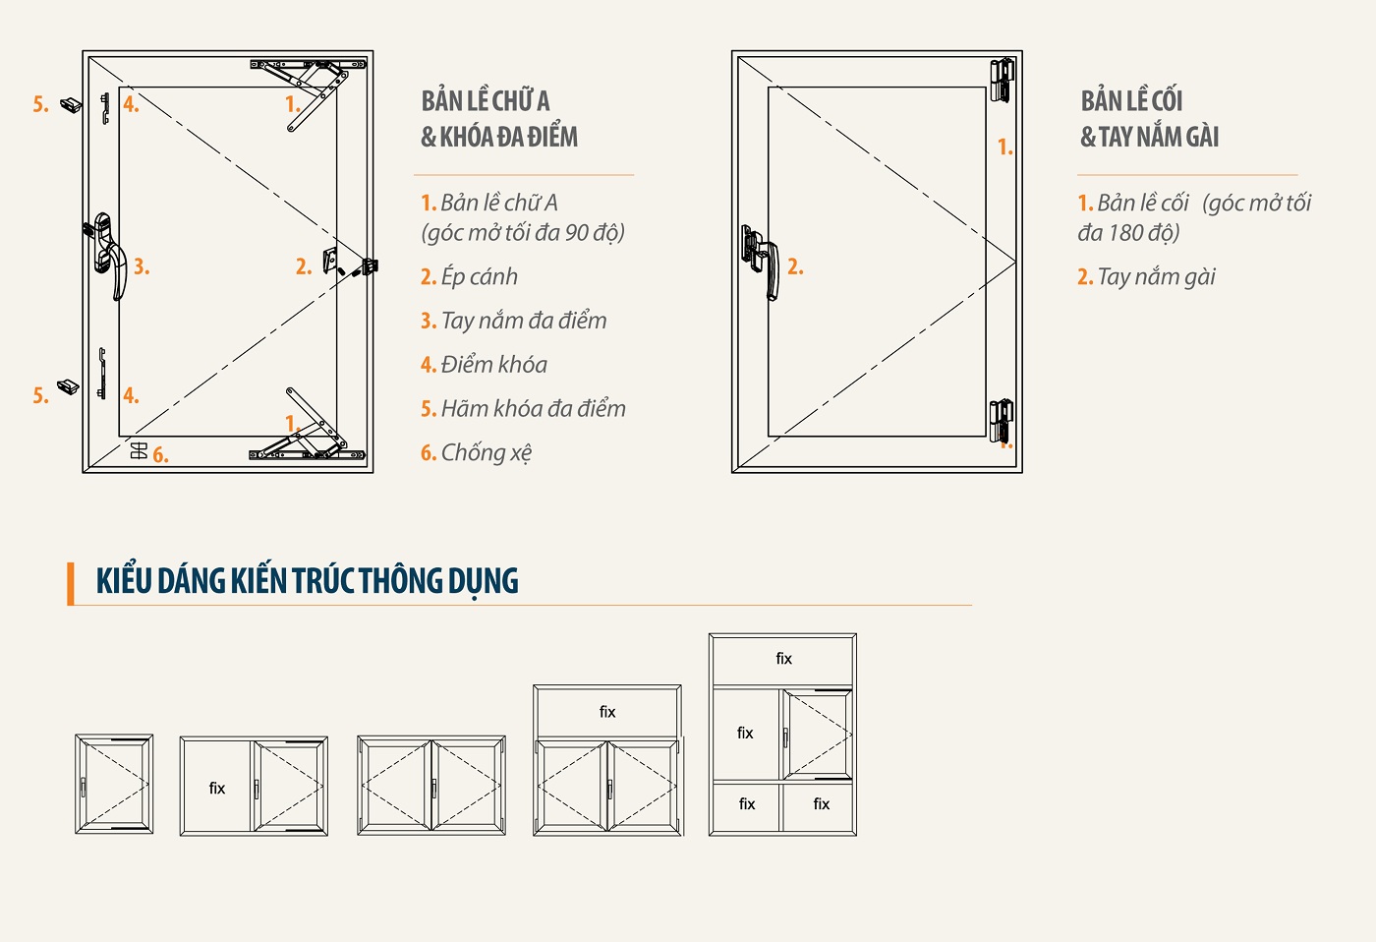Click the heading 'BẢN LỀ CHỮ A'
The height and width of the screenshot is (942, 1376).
(x=486, y=101)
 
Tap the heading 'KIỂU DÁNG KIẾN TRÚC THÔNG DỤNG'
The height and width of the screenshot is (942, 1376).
(x=307, y=581)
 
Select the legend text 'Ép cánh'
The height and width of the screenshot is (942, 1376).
(x=480, y=277)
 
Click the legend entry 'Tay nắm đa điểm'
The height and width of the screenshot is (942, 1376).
(x=523, y=321)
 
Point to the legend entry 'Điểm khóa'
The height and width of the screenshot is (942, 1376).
(x=493, y=365)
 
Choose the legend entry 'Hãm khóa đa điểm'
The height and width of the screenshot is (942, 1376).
(x=533, y=409)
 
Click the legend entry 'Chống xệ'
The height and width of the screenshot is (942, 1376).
(x=486, y=453)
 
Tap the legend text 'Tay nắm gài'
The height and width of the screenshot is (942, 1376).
(x=1156, y=277)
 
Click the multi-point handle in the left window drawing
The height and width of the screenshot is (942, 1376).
(x=108, y=252)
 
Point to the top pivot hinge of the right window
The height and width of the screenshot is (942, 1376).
(x=1002, y=81)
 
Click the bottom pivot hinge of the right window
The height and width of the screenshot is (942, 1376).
(x=1002, y=421)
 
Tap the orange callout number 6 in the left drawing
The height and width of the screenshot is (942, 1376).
(x=160, y=455)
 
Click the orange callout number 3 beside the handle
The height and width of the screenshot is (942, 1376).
(x=142, y=266)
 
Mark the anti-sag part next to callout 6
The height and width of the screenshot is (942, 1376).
(x=140, y=450)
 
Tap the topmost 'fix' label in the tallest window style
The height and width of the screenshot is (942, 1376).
(x=784, y=659)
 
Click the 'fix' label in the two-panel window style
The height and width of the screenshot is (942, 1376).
(x=217, y=789)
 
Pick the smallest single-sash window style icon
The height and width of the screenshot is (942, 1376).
(x=114, y=784)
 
